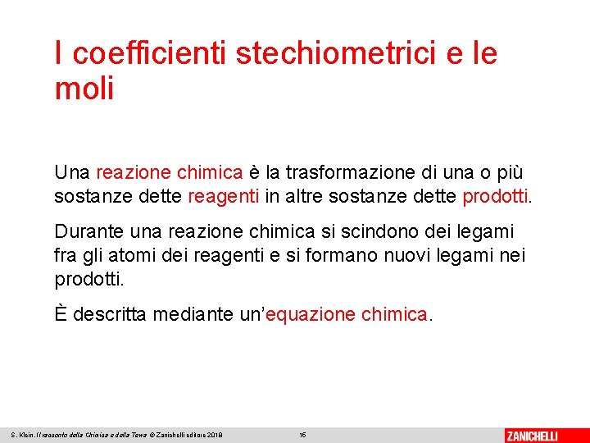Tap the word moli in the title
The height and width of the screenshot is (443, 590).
pos(84,89)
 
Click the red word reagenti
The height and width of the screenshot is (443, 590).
pos(224,197)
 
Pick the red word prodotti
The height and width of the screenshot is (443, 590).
pos(497,197)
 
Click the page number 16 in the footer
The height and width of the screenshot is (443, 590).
pos(302,435)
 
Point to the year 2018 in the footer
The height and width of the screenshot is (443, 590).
pos(214,435)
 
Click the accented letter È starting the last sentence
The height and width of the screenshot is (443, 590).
pos(61,314)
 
